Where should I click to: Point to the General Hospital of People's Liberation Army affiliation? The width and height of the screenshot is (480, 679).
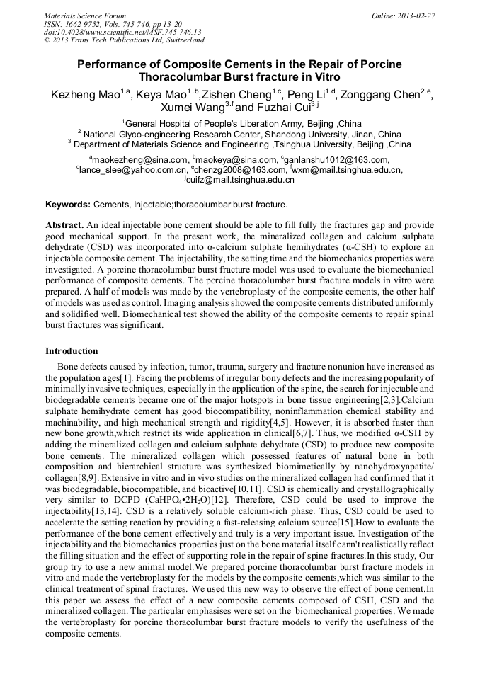click(224, 124)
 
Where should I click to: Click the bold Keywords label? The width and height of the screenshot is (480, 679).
click(68, 205)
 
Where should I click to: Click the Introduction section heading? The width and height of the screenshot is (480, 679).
click(72, 351)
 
